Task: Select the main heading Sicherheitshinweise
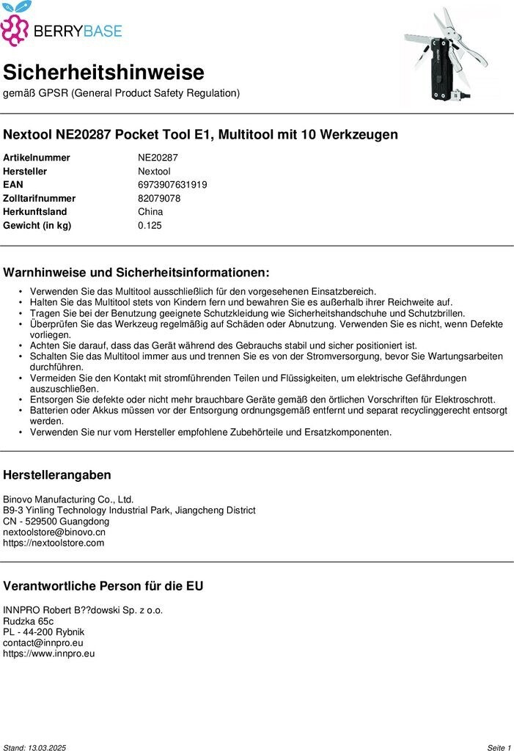(x=103, y=73)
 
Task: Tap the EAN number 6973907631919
(x=172, y=185)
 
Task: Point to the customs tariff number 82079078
(x=159, y=198)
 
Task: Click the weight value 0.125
(x=150, y=225)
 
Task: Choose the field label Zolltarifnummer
(x=40, y=198)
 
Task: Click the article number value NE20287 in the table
(x=158, y=158)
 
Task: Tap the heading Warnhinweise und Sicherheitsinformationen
(x=136, y=273)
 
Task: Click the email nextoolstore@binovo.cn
(x=54, y=532)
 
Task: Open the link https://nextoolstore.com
(x=54, y=543)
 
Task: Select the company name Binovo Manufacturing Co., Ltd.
(x=68, y=499)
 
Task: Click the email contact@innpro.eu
(x=43, y=642)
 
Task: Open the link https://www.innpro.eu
(x=49, y=653)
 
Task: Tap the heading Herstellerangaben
(x=57, y=475)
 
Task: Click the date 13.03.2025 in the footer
(x=47, y=747)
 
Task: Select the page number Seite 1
(x=499, y=747)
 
